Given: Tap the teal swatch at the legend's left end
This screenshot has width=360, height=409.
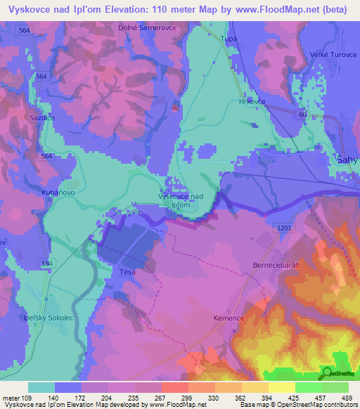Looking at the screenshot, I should point(41,387).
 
